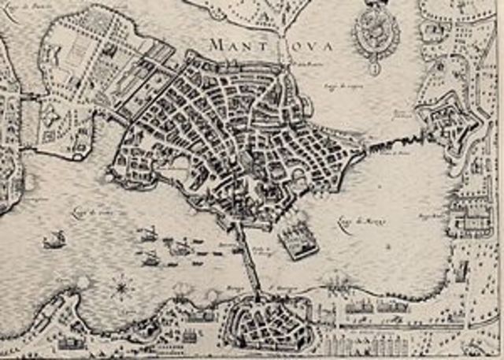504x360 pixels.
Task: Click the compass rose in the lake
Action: pos(122,288)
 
